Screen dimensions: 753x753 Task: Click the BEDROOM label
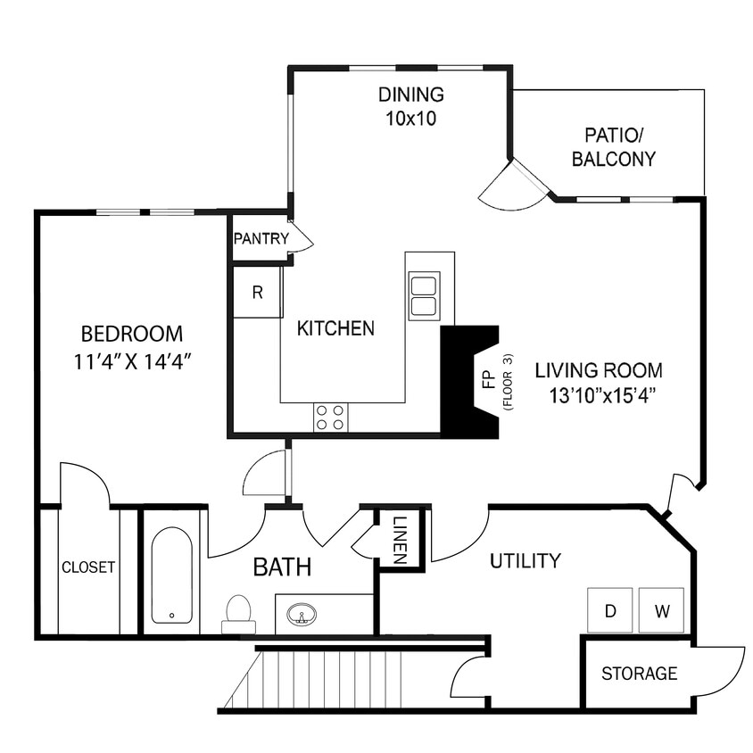tap(131, 335)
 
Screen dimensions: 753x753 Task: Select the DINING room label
tap(410, 95)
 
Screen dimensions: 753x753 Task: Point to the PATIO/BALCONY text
tap(613, 148)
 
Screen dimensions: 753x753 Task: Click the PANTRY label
tap(261, 239)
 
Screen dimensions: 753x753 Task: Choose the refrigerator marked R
tap(257, 293)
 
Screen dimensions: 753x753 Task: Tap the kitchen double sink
tap(424, 295)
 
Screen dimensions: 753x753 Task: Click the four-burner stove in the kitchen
tap(330, 418)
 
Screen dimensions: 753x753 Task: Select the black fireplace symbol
tap(465, 382)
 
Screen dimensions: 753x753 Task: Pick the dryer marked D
tap(610, 611)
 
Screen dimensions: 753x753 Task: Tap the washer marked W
tap(661, 611)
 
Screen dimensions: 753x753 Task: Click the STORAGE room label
tap(639, 674)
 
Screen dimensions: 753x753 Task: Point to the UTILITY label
tap(525, 561)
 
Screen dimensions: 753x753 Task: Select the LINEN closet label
tap(400, 539)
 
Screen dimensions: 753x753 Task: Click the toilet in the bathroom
tap(238, 613)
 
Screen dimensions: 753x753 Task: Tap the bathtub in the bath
tap(171, 576)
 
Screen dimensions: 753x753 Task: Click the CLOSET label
tap(88, 567)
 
